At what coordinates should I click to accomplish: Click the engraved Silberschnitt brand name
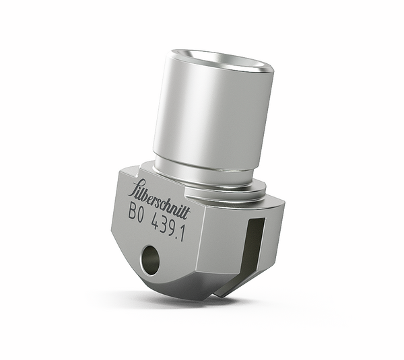158,199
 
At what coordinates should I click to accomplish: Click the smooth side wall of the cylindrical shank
202,118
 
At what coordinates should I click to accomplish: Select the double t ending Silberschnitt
185,210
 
